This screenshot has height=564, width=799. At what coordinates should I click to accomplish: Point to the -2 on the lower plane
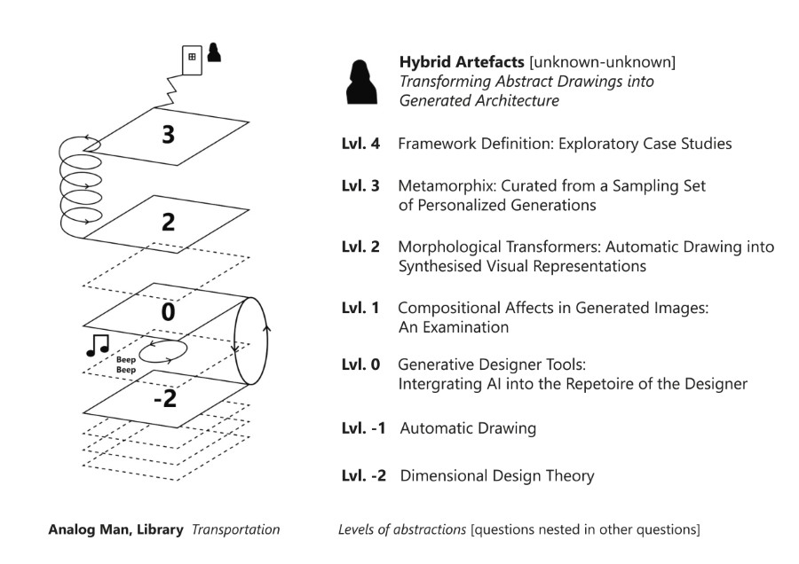coord(164,399)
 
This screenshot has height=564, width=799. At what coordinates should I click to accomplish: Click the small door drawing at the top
coord(191,59)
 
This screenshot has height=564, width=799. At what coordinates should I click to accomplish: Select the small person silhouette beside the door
coord(213,53)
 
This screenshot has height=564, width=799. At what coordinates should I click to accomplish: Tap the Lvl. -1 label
coord(364,428)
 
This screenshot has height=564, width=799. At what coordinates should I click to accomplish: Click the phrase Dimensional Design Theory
coord(497,476)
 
